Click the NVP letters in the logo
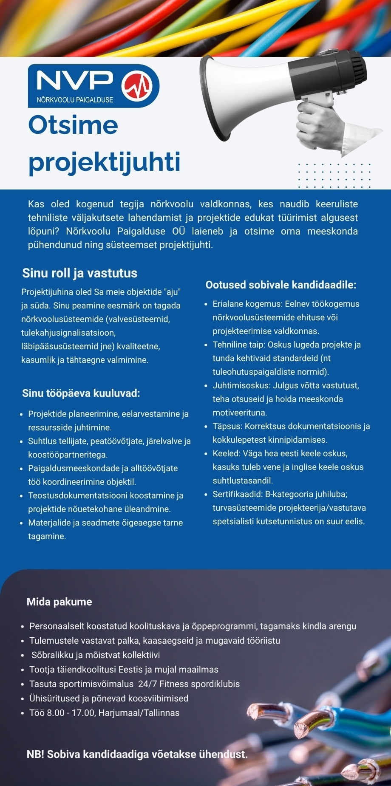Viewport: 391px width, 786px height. [x=75, y=81]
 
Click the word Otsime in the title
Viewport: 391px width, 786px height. [x=73, y=125]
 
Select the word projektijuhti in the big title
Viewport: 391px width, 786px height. [x=105, y=162]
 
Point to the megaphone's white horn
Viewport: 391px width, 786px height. [x=238, y=98]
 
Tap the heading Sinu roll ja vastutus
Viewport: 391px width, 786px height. [x=80, y=273]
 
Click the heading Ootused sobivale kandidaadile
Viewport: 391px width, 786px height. [x=281, y=285]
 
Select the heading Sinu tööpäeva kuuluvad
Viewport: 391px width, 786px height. [x=81, y=393]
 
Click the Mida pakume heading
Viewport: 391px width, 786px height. [x=59, y=602]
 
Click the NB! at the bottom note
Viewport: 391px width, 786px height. [x=35, y=755]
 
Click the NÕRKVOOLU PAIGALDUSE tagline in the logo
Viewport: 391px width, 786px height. [x=75, y=100]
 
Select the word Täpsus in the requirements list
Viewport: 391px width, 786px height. [x=227, y=427]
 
